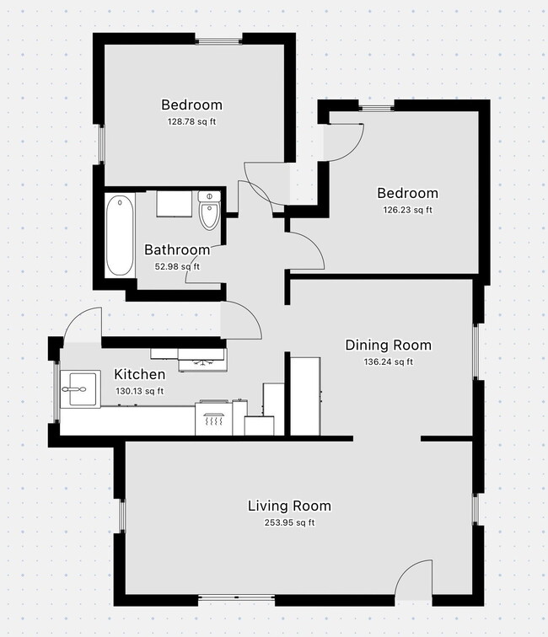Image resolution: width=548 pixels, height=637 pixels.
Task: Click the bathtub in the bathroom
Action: click(x=120, y=236)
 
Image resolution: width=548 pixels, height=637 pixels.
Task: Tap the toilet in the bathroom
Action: click(x=208, y=212)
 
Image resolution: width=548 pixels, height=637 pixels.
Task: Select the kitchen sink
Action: click(x=80, y=389)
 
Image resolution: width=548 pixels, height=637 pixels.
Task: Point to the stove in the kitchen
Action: click(x=212, y=418)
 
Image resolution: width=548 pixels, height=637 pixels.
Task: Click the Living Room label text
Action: click(x=288, y=506)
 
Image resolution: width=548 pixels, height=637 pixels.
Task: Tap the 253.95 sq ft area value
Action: click(x=288, y=522)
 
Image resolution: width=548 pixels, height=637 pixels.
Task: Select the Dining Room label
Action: click(x=388, y=345)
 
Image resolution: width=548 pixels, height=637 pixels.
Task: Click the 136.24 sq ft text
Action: click(x=388, y=362)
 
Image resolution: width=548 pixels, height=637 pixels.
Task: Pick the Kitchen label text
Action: click(x=139, y=375)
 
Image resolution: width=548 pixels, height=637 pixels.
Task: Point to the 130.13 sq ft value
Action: click(x=139, y=391)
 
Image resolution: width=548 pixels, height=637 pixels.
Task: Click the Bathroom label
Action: click(x=176, y=250)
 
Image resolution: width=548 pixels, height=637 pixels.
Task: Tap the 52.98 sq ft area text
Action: click(x=176, y=267)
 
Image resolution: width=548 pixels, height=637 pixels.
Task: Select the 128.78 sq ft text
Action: click(x=191, y=121)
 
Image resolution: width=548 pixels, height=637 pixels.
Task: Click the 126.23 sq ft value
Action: click(x=407, y=210)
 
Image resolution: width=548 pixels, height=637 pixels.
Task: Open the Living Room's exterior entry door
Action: click(x=413, y=581)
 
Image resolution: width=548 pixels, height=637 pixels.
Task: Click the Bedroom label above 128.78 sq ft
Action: click(x=191, y=105)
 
